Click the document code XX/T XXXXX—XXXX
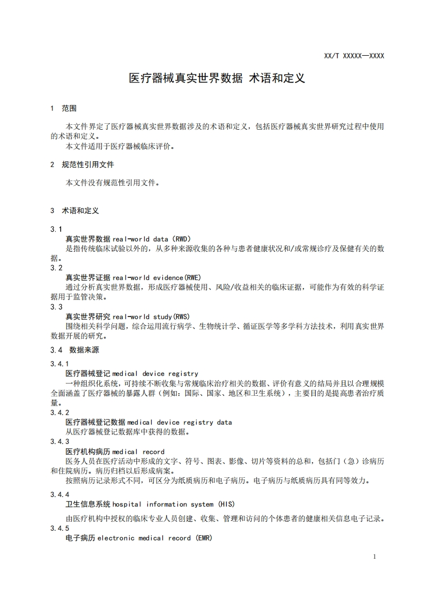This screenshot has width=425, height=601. pos(354,56)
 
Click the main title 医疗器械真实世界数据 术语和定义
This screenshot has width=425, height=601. pos(217,78)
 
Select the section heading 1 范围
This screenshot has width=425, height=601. pos(63,108)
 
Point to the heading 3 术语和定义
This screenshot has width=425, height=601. pos(74,211)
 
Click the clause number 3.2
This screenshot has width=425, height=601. pos(56,267)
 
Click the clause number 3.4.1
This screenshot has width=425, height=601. pos(59,364)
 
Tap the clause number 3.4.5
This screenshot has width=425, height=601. pos(59,529)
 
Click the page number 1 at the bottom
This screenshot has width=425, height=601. pos(374,557)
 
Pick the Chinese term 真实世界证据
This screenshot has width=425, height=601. pos(88,277)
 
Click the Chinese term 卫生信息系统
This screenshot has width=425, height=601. pos(88,504)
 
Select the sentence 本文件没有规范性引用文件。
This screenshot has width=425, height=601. pos(113,183)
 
